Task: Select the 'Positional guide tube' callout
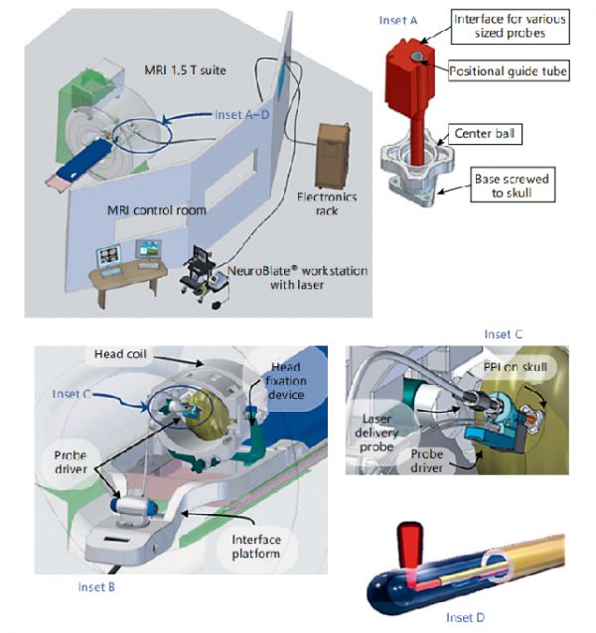pos(509,71)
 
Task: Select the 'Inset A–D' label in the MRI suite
pos(243,114)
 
